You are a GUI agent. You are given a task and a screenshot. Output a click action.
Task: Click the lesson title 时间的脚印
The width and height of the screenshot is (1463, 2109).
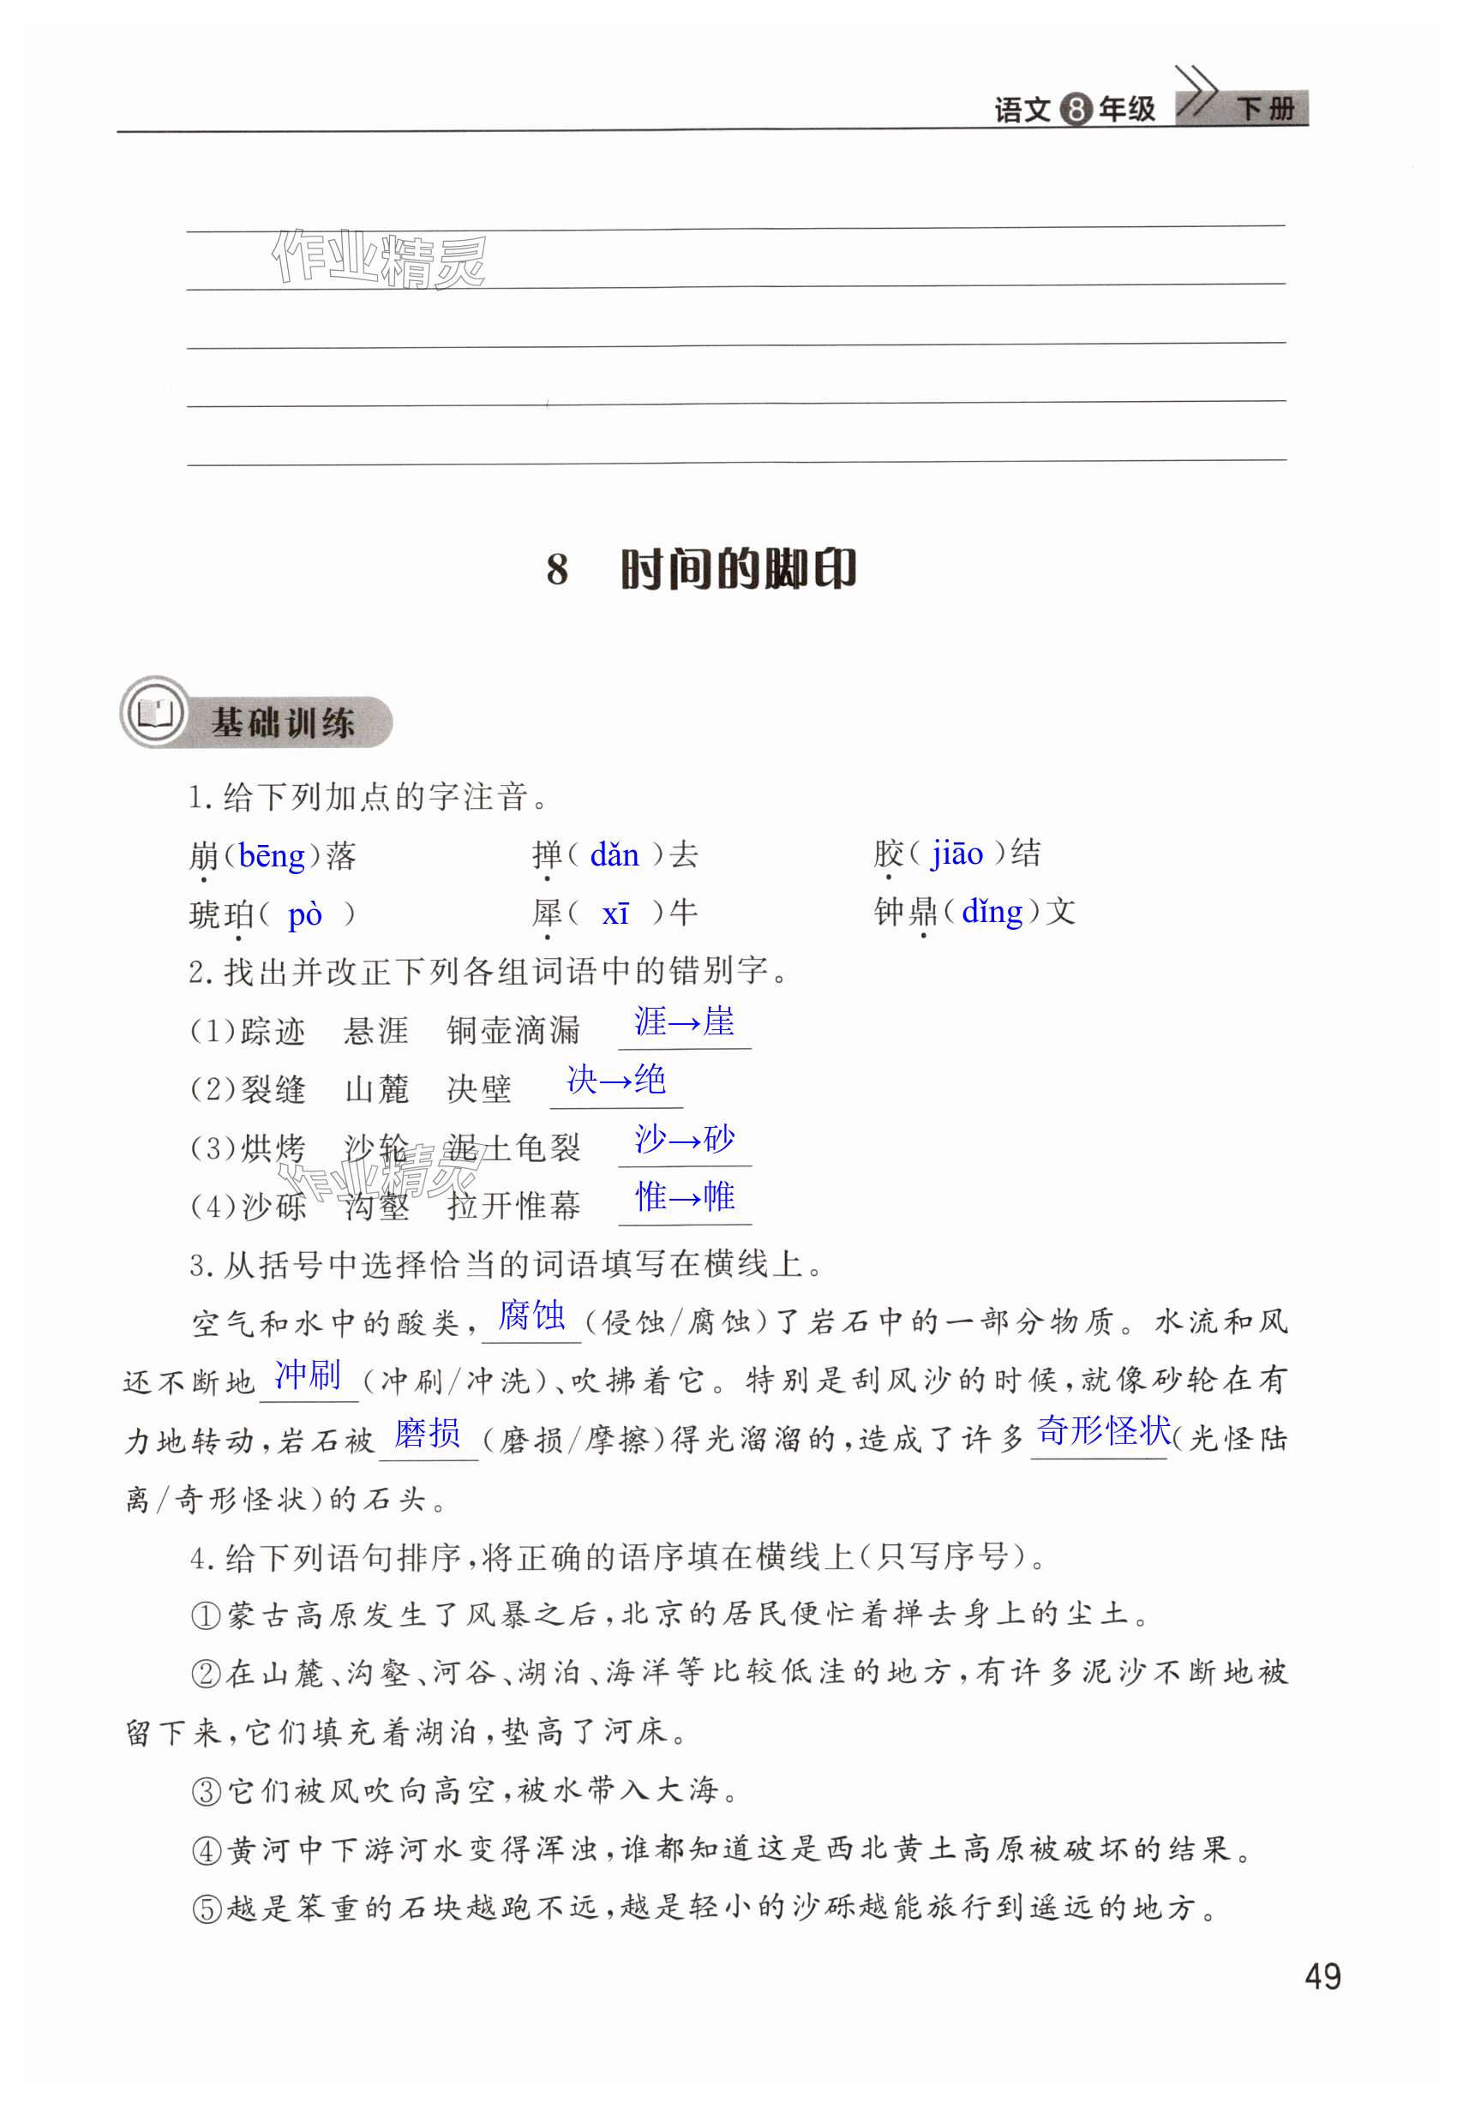[738, 569]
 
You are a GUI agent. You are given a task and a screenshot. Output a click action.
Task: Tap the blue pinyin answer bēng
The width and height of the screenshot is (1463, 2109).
[272, 856]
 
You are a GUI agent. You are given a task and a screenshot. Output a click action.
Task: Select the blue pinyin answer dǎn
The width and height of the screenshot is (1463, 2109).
[615, 855]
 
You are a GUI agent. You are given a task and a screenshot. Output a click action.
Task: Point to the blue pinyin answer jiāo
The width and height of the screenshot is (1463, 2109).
[957, 854]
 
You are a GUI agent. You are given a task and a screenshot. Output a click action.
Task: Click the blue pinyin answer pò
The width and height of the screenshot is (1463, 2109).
[305, 914]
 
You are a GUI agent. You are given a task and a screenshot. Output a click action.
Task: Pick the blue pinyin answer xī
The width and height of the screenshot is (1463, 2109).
[615, 913]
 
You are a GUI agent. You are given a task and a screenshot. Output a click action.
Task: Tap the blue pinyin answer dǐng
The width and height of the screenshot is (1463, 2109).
[992, 911]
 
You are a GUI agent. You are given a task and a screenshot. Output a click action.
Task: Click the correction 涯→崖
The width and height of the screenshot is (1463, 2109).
[684, 1022]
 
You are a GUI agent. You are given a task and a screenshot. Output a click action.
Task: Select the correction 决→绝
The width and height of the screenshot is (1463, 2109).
[616, 1080]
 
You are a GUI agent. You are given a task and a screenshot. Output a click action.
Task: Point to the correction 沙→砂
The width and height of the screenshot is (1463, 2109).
[684, 1139]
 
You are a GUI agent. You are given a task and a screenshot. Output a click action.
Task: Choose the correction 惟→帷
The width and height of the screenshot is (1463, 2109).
[685, 1197]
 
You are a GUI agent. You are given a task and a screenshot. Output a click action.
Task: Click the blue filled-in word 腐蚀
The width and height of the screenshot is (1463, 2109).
[531, 1316]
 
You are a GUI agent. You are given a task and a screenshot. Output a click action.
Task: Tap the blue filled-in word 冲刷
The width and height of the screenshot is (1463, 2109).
[308, 1375]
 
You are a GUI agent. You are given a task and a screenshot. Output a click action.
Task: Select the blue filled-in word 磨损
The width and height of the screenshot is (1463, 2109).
[427, 1433]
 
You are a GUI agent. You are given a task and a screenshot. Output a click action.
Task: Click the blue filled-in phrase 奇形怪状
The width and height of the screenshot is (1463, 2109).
[1104, 1431]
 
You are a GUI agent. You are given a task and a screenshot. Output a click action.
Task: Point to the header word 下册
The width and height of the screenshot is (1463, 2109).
[1265, 109]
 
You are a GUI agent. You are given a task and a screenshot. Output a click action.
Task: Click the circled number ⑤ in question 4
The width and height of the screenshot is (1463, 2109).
[207, 1909]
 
